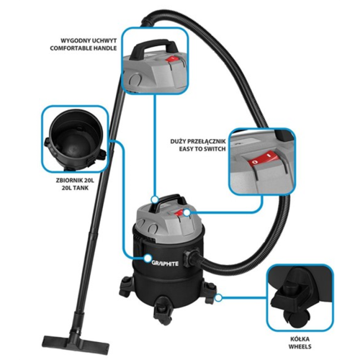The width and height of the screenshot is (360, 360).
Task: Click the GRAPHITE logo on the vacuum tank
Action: [x=165, y=264]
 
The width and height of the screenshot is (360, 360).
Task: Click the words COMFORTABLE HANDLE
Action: [x=84, y=48]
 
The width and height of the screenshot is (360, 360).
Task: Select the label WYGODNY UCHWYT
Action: [x=89, y=40]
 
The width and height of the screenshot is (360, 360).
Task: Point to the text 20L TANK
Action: [x=75, y=188]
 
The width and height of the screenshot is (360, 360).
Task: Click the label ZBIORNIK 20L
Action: [x=75, y=180]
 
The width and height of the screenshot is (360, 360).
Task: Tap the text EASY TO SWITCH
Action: [x=202, y=149]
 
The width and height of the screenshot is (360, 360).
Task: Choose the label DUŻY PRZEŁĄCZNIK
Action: [x=198, y=141]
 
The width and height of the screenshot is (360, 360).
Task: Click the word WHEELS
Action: [x=300, y=346]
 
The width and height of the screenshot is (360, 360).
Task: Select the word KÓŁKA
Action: [x=300, y=339]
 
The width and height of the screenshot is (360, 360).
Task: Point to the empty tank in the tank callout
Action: [x=75, y=140]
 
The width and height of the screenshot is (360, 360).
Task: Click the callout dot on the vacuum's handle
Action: [x=155, y=199]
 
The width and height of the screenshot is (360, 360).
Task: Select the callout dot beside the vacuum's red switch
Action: [x=186, y=212]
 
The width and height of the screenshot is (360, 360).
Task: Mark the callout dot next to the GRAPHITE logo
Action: [x=148, y=258]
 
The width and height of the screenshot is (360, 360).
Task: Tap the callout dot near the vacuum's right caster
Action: [x=218, y=298]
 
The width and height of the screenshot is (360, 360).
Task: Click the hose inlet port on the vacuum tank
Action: [x=190, y=258]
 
